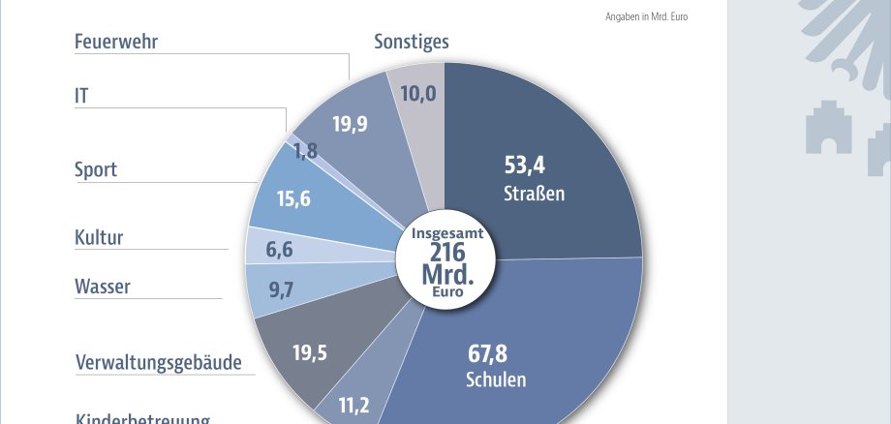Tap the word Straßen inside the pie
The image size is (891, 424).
(534, 194)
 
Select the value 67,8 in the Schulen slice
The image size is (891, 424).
(488, 352)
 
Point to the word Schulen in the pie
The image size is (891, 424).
(496, 379)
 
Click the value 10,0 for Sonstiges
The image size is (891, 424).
(419, 93)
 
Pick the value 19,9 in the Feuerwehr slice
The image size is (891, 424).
(350, 123)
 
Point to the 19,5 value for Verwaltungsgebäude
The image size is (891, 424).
(310, 352)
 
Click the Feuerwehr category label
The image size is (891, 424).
(116, 42)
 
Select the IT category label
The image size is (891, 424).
(82, 96)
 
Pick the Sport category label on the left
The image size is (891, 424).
(96, 169)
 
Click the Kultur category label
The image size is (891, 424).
(99, 238)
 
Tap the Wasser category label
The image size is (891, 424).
(103, 287)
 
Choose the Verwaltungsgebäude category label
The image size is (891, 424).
(158, 363)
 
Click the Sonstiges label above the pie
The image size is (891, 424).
(412, 42)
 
